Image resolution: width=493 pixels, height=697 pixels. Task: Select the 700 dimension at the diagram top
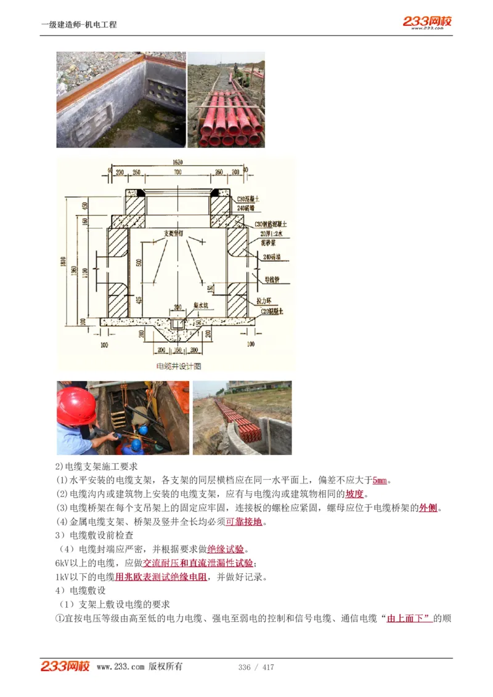[x=177, y=173]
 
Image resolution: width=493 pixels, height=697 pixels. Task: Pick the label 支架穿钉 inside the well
[x=176, y=233]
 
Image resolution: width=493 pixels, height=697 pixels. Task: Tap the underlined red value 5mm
[x=380, y=480]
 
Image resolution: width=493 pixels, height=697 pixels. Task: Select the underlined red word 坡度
[x=354, y=494]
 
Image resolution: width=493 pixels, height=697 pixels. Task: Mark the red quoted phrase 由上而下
[x=408, y=618]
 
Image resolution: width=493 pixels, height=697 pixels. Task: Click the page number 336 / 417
[x=256, y=667]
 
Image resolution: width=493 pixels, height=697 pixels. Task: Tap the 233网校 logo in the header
[x=427, y=22]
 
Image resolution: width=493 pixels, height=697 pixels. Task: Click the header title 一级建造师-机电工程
[x=79, y=25]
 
